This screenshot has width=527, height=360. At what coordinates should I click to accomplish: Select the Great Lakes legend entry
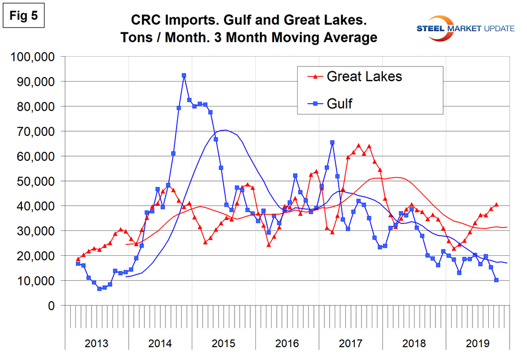pyautogui.click(x=364, y=76)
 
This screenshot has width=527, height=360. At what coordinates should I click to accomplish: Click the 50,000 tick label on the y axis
pyautogui.click(x=32, y=181)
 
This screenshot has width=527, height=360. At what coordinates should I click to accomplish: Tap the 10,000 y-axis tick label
pyautogui.click(x=32, y=281)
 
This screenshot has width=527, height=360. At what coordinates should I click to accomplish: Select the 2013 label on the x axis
pyautogui.click(x=96, y=342)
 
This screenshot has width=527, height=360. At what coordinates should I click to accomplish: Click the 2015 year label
pyautogui.click(x=223, y=342)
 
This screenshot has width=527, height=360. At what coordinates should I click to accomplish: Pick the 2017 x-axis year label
pyautogui.click(x=350, y=342)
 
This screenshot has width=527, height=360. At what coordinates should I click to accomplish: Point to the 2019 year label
pyautogui.click(x=477, y=342)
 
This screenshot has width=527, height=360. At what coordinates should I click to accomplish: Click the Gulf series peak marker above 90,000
pyautogui.click(x=184, y=75)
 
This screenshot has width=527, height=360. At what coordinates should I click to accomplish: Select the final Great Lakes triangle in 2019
pyautogui.click(x=496, y=204)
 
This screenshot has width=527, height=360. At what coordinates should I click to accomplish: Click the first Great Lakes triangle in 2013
pyautogui.click(x=78, y=259)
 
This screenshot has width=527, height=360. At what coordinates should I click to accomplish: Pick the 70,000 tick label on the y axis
pyautogui.click(x=32, y=131)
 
